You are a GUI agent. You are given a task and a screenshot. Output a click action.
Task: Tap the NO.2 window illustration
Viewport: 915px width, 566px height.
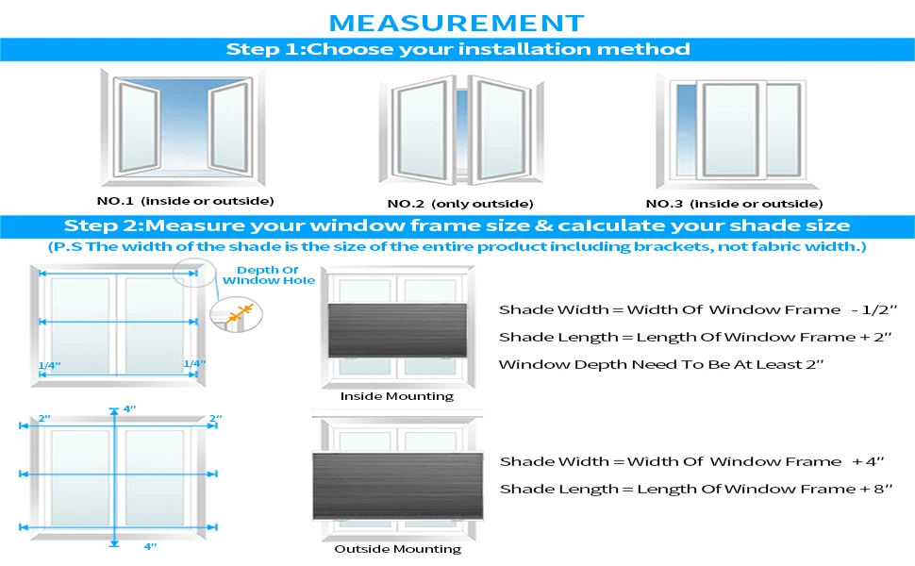pyautogui.click(x=460, y=130)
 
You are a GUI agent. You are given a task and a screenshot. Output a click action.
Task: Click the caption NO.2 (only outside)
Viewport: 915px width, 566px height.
pyautogui.click(x=460, y=204)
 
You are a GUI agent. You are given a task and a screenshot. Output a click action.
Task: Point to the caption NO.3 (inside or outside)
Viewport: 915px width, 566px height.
pyautogui.click(x=734, y=204)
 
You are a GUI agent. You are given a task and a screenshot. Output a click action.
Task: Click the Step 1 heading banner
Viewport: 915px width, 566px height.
pyautogui.click(x=457, y=49)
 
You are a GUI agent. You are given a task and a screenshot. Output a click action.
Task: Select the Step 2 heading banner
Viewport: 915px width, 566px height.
pyautogui.click(x=457, y=226)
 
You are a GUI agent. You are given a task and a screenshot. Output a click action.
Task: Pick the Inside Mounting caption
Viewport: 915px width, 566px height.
pyautogui.click(x=396, y=396)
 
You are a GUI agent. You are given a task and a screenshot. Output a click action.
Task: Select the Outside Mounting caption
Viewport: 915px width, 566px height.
pyautogui.click(x=397, y=549)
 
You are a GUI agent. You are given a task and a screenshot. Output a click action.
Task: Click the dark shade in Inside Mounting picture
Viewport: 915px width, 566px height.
pyautogui.click(x=397, y=330)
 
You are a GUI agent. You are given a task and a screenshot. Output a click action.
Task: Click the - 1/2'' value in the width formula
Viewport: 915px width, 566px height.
pyautogui.click(x=869, y=310)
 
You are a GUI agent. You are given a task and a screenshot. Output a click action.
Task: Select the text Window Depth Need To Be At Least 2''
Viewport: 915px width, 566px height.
pyautogui.click(x=661, y=364)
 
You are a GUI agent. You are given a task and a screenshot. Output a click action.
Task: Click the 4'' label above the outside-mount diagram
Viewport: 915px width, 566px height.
pyautogui.click(x=129, y=409)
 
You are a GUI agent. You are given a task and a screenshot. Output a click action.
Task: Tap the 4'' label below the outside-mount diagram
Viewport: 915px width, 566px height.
pyautogui.click(x=150, y=545)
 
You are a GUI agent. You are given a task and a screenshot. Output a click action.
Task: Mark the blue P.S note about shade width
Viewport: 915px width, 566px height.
pyautogui.click(x=457, y=247)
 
